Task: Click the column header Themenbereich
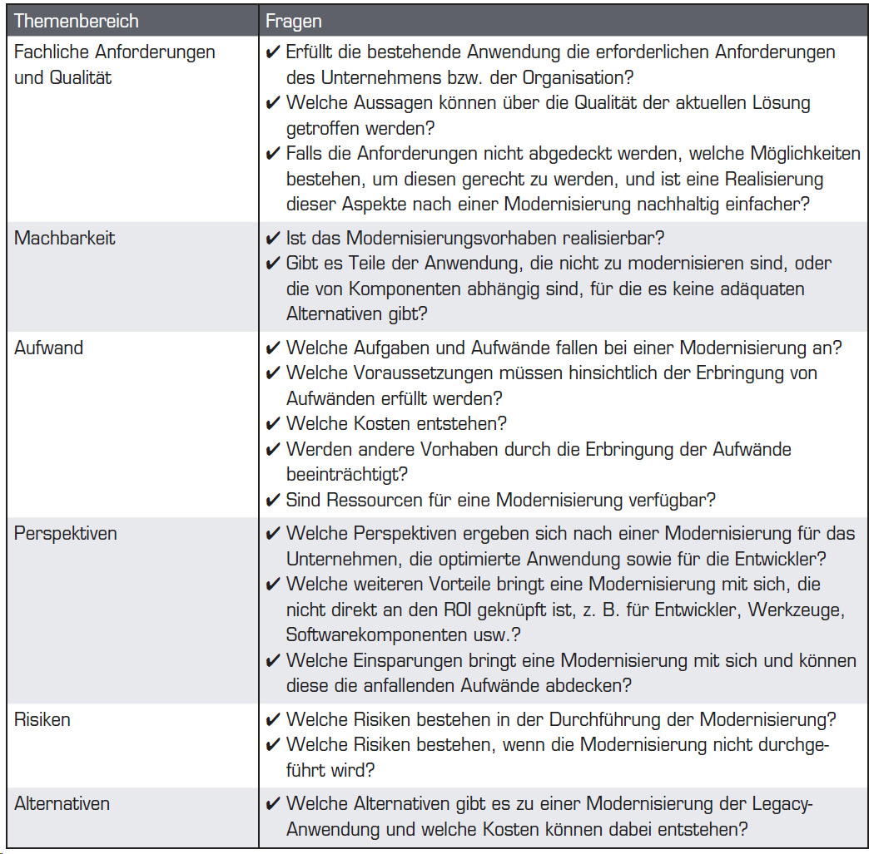tap(77, 21)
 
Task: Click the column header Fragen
tap(294, 21)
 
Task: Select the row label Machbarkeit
tap(64, 238)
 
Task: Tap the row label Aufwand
tap(49, 348)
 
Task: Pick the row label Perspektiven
tap(67, 533)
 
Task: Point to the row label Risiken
tap(42, 719)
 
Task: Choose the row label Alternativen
tap(62, 804)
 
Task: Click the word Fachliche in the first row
tap(52, 52)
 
